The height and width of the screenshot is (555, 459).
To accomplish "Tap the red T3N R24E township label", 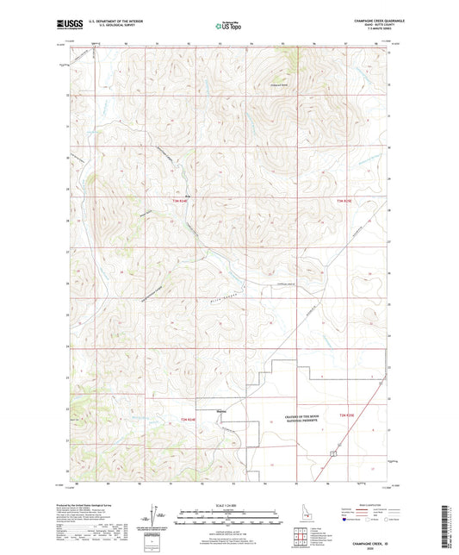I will pyautogui.click(x=178, y=201).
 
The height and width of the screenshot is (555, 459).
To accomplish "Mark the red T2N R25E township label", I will pyautogui.click(x=347, y=417).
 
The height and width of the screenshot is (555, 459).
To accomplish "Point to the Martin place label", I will pyautogui.click(x=221, y=410).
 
